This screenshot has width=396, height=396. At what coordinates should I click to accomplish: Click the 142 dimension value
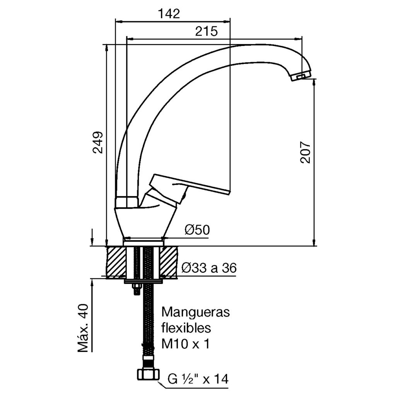pos(169,14)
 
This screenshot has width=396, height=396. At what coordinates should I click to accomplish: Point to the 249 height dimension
pos(97,143)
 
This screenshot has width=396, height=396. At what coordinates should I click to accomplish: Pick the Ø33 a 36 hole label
pos(209,268)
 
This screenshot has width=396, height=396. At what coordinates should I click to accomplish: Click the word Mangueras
pos(195,312)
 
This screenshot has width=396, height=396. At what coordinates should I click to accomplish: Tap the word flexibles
pos(186,328)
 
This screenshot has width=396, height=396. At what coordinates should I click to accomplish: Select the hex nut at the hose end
pos(148,375)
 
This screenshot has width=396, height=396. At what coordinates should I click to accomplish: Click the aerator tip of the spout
pos(301,76)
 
